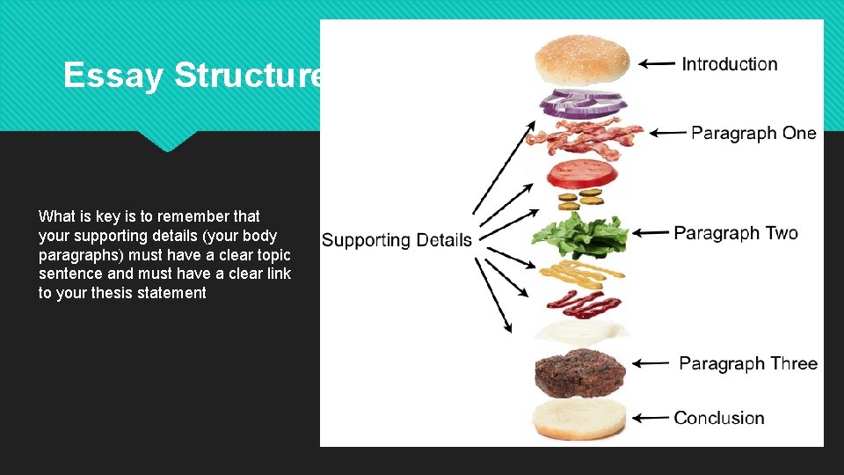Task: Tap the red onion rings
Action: (582, 103)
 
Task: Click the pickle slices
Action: (579, 199)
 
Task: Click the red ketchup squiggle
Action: (583, 303)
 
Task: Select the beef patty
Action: (580, 373)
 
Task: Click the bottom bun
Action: (580, 420)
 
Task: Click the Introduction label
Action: (730, 63)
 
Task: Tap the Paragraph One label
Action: (753, 133)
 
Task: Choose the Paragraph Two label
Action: (736, 233)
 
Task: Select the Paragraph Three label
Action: (748, 363)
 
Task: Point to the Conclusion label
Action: (719, 418)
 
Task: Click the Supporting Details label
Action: (397, 239)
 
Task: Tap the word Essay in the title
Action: (113, 76)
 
